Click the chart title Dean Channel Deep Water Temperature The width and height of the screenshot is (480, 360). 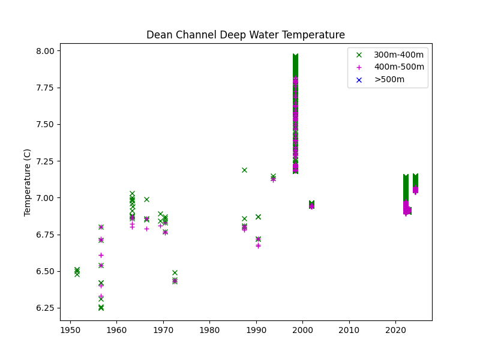pos(245,35)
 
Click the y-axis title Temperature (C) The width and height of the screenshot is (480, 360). pos(28,182)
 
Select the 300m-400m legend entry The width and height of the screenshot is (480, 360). pos(398,55)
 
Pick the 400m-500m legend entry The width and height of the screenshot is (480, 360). pos(398,67)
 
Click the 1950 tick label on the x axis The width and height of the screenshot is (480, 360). pos(70,330)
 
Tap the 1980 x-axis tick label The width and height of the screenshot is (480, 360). pos(209,330)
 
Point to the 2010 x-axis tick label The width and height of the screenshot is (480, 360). pos(349,330)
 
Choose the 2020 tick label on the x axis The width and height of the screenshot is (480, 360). pos(395,330)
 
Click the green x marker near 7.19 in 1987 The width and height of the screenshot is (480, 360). pos(244,170)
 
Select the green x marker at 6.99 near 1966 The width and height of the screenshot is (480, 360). pos(146,199)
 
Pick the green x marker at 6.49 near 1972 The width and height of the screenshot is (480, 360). pos(175,272)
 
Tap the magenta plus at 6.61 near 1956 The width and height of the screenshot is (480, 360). pos(101,255)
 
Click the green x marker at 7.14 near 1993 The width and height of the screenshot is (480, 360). pos(273,176)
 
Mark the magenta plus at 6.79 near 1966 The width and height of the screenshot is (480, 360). pos(146,229)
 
